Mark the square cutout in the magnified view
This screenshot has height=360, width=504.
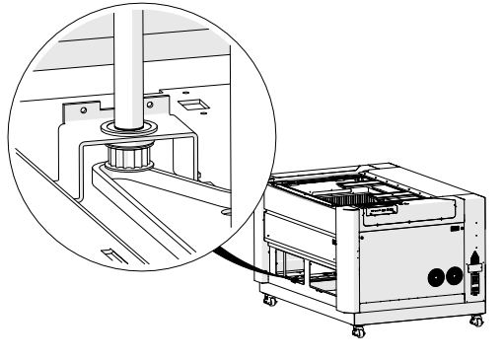189,104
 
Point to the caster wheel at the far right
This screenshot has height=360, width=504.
477,321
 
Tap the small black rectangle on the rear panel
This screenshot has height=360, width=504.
456,229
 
